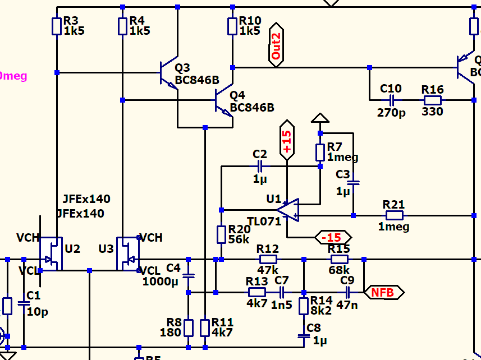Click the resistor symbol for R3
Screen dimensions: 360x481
click(57, 26)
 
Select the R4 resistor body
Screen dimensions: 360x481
click(123, 26)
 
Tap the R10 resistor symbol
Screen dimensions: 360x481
click(232, 26)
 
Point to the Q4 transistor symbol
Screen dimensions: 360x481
click(223, 101)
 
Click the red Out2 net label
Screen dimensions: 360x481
click(276, 45)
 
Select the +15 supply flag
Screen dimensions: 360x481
click(287, 140)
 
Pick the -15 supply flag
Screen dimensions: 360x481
click(333, 237)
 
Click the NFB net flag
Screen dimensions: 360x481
click(384, 292)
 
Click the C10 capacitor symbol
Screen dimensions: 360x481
click(391, 100)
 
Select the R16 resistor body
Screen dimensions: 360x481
click(432, 100)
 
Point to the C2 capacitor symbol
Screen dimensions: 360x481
click(259, 166)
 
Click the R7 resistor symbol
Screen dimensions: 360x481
click(320, 152)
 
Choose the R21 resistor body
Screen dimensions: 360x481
click(394, 215)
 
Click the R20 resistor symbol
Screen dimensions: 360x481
click(221, 235)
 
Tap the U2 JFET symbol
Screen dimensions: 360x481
click(52, 253)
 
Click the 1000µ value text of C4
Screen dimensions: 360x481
click(160, 281)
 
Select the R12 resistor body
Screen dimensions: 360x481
click(268, 259)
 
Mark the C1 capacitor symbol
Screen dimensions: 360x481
click(24, 303)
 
